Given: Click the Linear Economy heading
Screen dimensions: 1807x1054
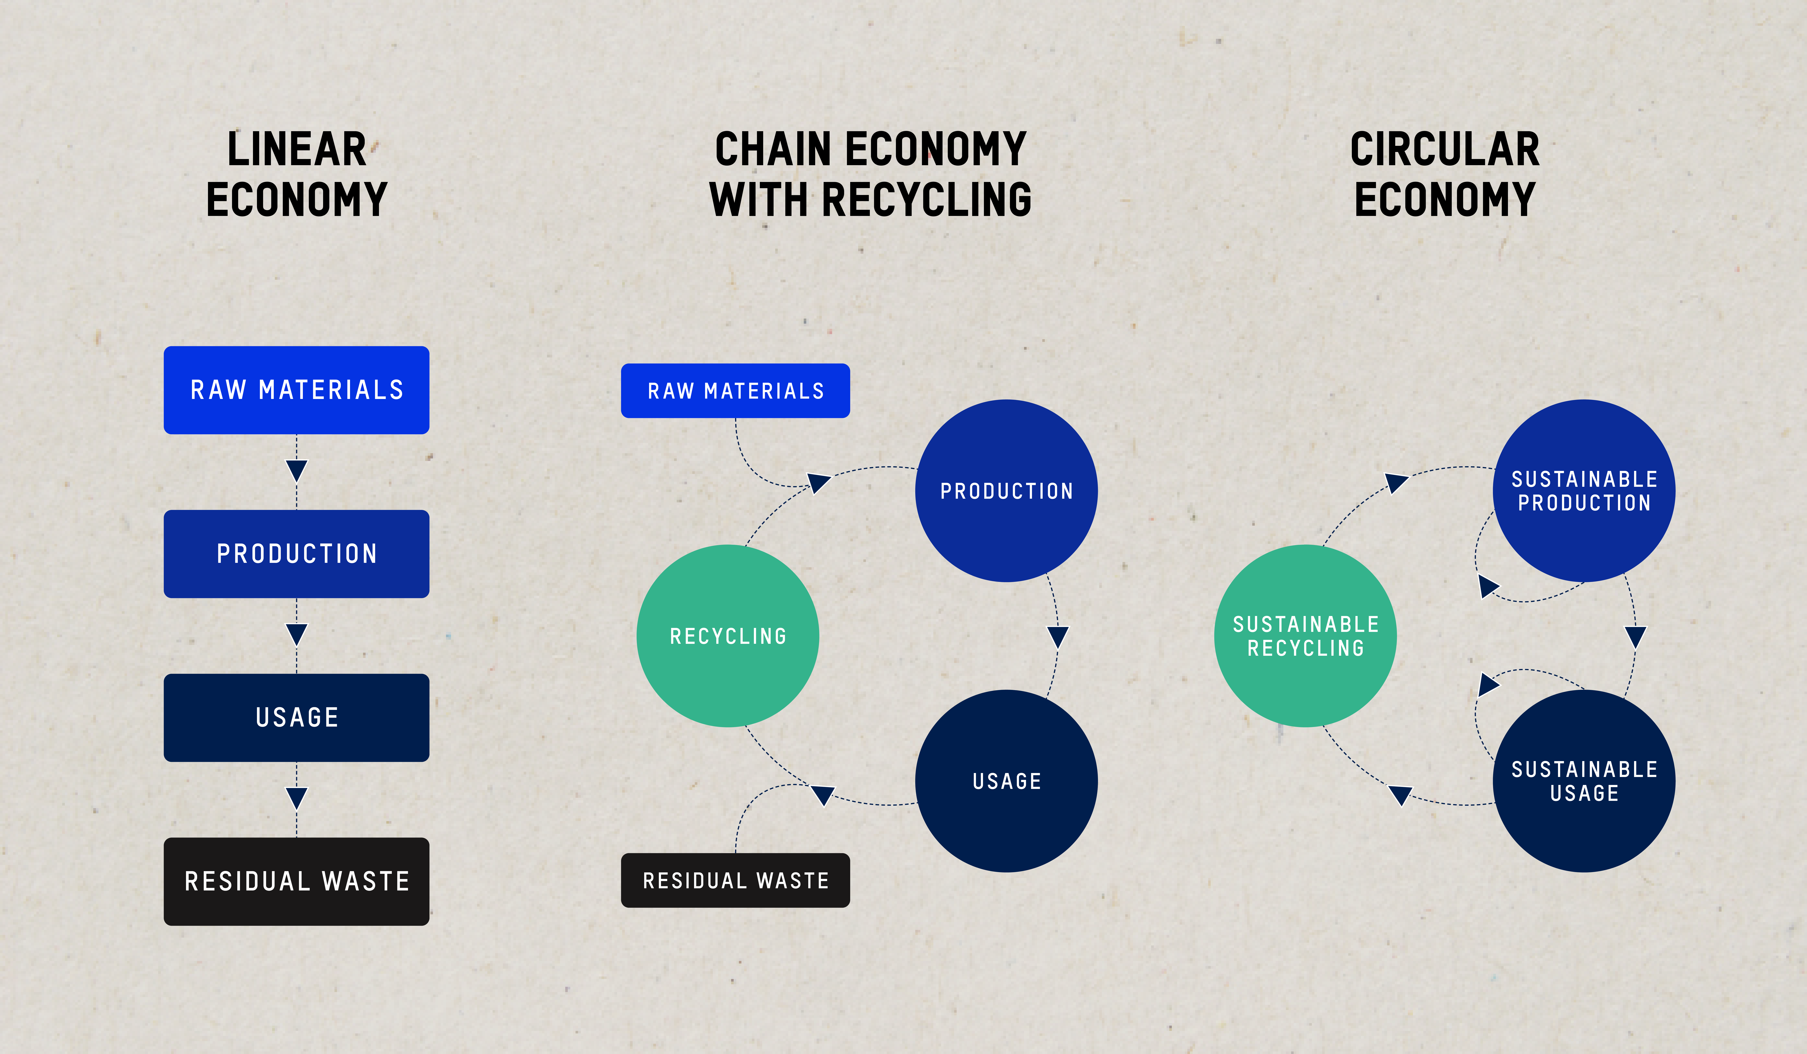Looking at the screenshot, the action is (297, 174).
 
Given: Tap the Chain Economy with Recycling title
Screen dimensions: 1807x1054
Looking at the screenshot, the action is (870, 174).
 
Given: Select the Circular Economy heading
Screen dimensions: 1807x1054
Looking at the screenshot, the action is (1445, 174).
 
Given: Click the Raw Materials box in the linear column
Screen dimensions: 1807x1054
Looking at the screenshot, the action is (297, 390).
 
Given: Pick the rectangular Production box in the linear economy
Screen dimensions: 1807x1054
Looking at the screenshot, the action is (297, 553).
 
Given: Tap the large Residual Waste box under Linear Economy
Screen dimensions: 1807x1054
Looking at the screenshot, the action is (297, 881).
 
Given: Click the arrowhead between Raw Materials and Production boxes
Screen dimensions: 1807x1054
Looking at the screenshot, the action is (297, 470).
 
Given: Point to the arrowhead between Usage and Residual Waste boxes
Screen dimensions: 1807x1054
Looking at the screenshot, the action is (297, 798).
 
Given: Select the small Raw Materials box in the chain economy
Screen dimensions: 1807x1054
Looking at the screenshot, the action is (736, 391).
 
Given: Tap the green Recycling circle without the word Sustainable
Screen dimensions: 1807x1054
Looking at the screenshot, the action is (728, 636).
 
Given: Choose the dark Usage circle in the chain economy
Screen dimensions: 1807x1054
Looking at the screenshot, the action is (1007, 781).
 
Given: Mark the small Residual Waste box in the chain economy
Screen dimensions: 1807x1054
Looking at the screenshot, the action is (736, 881).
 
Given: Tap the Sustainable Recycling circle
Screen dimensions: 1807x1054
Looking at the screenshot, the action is (1306, 636).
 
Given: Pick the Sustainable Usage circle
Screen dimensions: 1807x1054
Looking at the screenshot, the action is (1584, 781).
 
